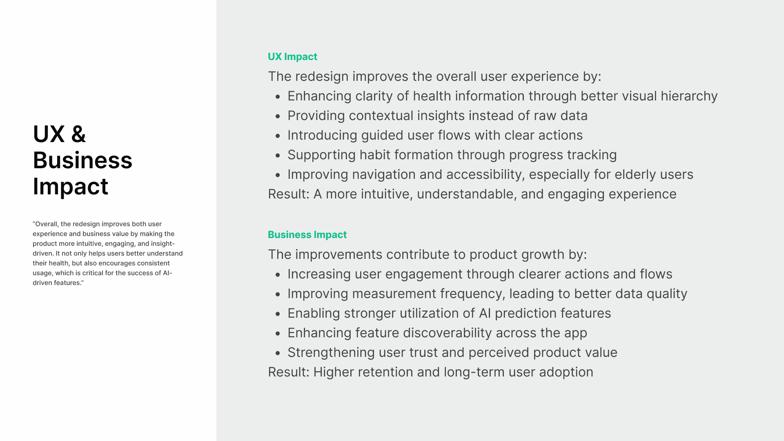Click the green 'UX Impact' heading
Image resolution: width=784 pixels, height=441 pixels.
(x=292, y=57)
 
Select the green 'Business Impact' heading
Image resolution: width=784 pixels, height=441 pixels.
(x=307, y=235)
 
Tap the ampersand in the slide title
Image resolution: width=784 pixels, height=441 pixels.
(x=78, y=134)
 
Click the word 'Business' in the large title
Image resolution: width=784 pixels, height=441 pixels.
(x=82, y=160)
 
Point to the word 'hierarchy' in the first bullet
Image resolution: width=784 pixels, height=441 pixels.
(x=689, y=96)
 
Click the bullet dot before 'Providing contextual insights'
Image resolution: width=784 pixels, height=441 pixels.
(x=278, y=116)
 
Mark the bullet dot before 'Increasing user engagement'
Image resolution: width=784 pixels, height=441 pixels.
(x=278, y=275)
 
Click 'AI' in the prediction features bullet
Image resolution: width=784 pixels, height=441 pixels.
(x=485, y=313)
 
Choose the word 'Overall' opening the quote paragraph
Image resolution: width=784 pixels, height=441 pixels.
(x=47, y=224)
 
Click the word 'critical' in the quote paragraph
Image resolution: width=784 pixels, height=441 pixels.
(x=94, y=273)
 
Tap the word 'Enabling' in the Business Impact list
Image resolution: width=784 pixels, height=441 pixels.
(x=314, y=314)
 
